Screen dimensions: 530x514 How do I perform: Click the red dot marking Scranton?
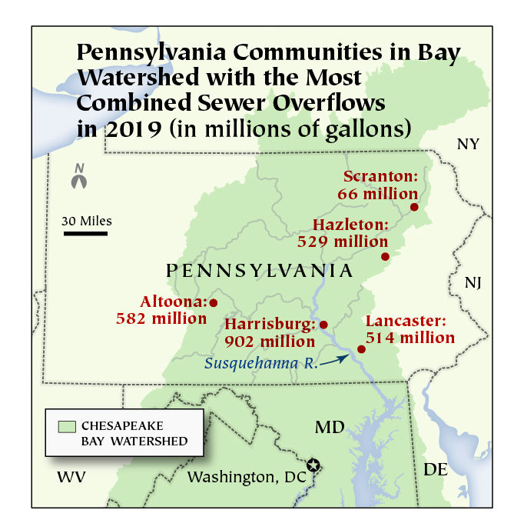(414, 207)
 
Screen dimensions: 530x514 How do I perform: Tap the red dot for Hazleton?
(385, 256)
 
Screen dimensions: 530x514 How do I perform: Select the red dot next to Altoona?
(214, 302)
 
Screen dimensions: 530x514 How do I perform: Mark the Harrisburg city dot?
(323, 325)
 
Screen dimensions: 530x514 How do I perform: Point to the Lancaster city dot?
(361, 349)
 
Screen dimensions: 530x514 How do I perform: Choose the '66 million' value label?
(377, 194)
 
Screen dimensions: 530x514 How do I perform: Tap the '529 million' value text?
(343, 242)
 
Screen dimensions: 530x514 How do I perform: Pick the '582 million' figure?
(160, 317)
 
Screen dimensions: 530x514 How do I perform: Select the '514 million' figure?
(410, 337)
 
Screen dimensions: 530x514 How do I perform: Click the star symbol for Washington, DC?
(313, 465)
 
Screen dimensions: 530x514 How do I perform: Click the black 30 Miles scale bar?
(85, 232)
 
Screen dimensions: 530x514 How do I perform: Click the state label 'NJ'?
(473, 283)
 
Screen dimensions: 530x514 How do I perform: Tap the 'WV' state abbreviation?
(71, 477)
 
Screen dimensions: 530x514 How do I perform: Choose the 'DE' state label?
(435, 468)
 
